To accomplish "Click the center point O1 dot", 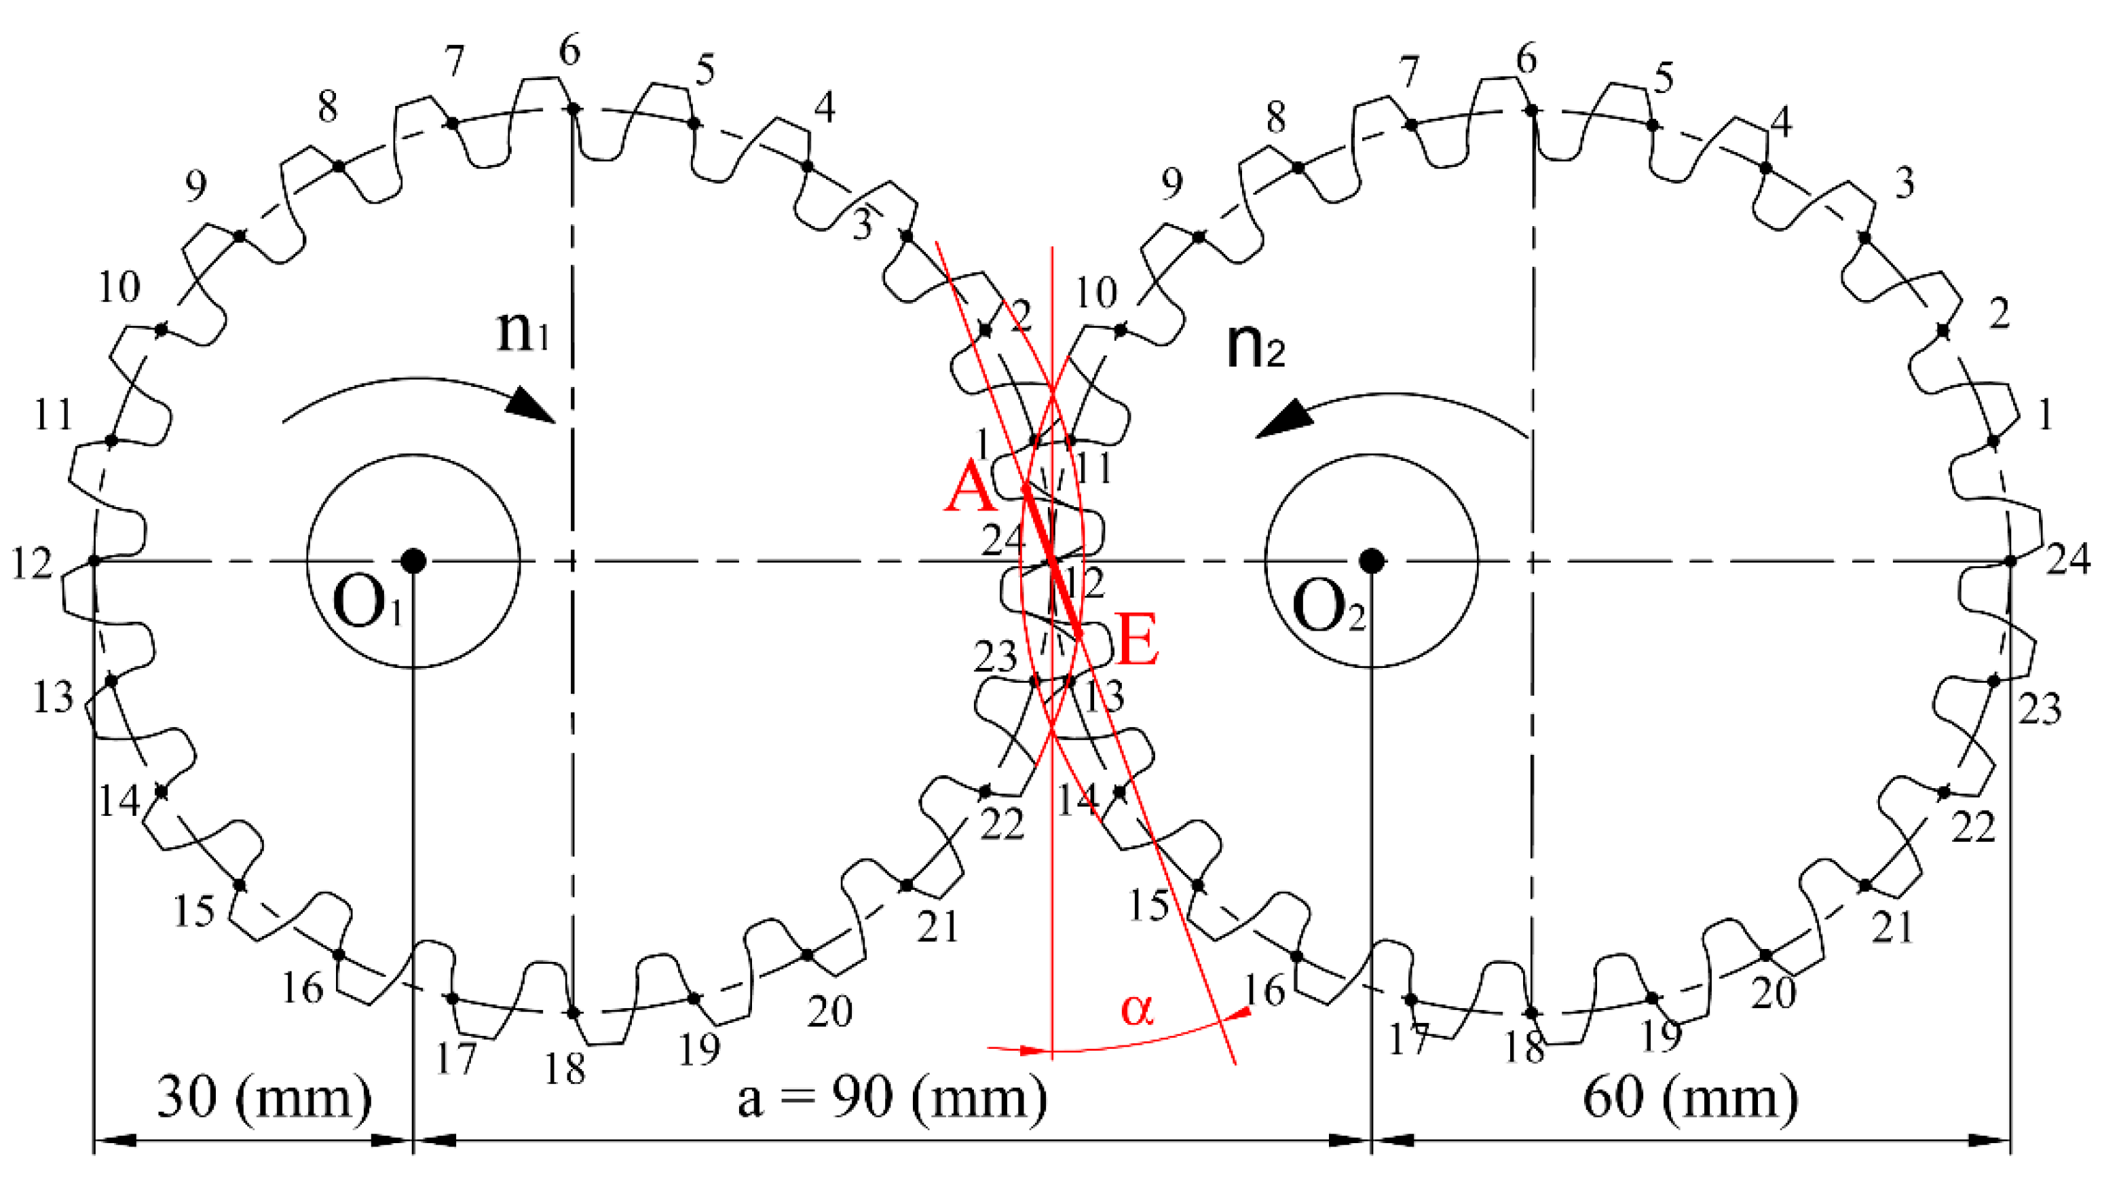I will (x=413, y=561).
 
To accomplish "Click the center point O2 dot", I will (x=1371, y=561).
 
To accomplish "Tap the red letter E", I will (x=1138, y=640).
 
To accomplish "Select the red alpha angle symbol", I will (x=1137, y=1009).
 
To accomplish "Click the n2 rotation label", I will (x=1254, y=346).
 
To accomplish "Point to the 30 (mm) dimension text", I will (x=263, y=1096).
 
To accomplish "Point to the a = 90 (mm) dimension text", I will (x=893, y=1096).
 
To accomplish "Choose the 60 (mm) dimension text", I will (x=1691, y=1096).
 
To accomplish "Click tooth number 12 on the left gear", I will (x=31, y=564).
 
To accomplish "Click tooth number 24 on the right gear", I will (x=2068, y=559).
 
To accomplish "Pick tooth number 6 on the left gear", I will (x=569, y=51).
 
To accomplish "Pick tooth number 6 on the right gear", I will (x=1526, y=59).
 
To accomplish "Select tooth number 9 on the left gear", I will (x=195, y=187).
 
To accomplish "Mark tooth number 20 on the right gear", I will (x=1774, y=993).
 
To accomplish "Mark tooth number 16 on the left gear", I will (x=302, y=988).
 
